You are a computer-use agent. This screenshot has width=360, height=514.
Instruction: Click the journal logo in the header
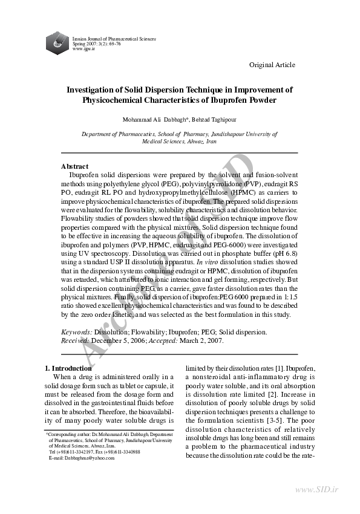(x=58, y=41)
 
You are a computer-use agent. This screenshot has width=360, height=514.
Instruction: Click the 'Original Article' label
(x=272, y=65)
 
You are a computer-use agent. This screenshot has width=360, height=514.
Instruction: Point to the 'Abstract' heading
(x=74, y=166)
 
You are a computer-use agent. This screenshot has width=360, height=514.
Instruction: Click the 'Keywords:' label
(x=77, y=332)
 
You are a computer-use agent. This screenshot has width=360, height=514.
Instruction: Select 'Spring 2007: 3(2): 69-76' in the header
(x=97, y=44)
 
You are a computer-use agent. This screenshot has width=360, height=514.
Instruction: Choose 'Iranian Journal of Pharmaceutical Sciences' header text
(x=114, y=39)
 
